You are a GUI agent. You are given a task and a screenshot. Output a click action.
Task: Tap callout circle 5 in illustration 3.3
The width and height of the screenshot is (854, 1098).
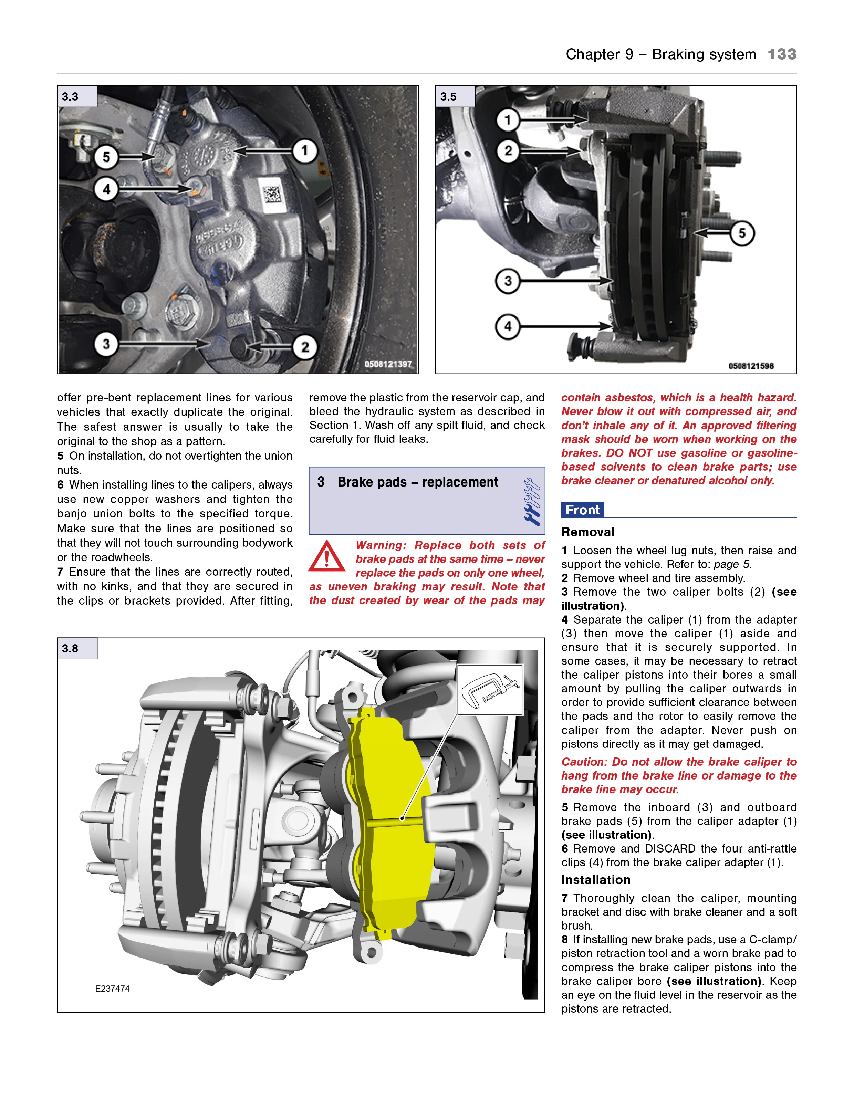tap(106, 157)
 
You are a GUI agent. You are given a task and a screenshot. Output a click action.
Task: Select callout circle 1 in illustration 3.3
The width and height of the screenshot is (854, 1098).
tap(305, 150)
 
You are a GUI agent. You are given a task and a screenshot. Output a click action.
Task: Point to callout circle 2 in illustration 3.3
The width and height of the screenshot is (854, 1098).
tap(305, 347)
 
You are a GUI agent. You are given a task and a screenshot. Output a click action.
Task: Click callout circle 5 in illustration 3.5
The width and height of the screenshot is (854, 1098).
tap(742, 233)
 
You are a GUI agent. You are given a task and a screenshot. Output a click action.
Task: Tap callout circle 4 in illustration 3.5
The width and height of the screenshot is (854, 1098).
tap(508, 327)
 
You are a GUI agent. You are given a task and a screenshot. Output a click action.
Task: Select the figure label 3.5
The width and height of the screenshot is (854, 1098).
tap(449, 96)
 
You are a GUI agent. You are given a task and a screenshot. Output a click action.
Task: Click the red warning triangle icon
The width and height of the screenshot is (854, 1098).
tap(327, 557)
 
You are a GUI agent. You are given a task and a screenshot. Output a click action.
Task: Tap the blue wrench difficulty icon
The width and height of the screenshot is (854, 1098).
tap(532, 501)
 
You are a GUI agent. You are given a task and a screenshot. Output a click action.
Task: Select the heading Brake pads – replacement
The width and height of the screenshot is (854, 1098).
tap(417, 482)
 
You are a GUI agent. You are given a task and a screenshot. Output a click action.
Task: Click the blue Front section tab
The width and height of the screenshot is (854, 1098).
tap(582, 510)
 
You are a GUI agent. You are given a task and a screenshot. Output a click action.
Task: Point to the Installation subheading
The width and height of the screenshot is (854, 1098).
tap(595, 880)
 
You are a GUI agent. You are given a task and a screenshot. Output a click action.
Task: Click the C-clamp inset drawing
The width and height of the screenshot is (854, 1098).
tap(490, 689)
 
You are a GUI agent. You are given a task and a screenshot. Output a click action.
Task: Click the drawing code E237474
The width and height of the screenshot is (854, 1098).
tap(113, 989)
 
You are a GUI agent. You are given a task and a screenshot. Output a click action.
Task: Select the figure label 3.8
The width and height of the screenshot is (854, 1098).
tap(70, 649)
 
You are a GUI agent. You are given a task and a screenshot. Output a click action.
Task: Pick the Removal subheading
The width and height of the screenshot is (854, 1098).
tap(587, 532)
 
